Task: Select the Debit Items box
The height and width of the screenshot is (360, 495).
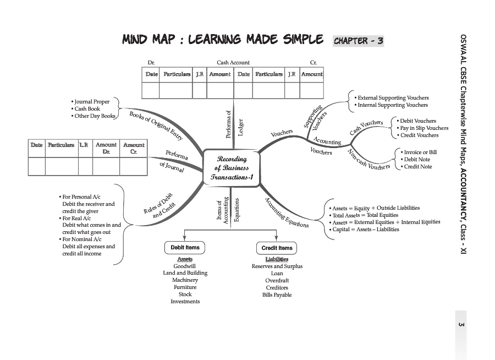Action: (x=184, y=248)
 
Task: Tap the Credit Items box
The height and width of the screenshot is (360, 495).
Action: (x=277, y=248)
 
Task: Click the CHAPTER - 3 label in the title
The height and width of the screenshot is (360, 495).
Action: (x=358, y=41)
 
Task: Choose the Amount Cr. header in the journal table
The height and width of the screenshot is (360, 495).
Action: (x=133, y=148)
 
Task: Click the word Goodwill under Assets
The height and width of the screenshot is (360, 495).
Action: (x=185, y=266)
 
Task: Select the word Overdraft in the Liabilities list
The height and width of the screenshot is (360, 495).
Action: (x=277, y=281)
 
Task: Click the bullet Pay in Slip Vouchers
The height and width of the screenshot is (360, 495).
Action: (x=424, y=128)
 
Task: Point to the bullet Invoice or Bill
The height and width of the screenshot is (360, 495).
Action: (x=420, y=152)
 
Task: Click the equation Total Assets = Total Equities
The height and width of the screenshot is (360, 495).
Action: (x=365, y=215)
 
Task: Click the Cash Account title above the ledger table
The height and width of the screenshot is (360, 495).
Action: (x=233, y=63)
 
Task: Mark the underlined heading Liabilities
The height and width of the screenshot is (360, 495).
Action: (x=277, y=259)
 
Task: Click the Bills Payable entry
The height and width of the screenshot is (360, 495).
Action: (x=277, y=295)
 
